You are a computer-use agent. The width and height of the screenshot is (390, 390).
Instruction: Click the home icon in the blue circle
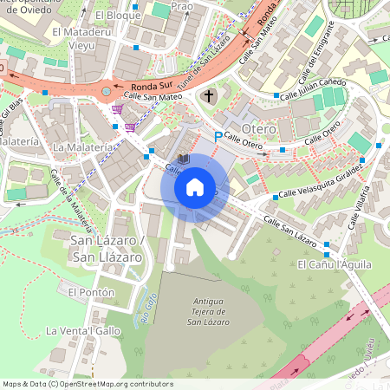pos(195,186)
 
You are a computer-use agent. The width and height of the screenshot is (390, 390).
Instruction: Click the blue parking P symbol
pos(218,136)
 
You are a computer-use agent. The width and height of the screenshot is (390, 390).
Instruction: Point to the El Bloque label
pos(117,16)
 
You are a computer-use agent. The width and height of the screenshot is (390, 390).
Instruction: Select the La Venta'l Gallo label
pos(83,330)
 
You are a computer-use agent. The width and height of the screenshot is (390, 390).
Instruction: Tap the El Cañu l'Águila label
pos(333,264)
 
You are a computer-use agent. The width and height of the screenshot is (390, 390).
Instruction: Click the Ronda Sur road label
pos(151,87)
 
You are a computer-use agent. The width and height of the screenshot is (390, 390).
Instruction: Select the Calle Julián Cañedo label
pos(312,88)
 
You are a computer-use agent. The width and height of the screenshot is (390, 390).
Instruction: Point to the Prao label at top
pos(182,6)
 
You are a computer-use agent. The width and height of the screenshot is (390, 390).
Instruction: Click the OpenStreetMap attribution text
pos(87,384)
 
